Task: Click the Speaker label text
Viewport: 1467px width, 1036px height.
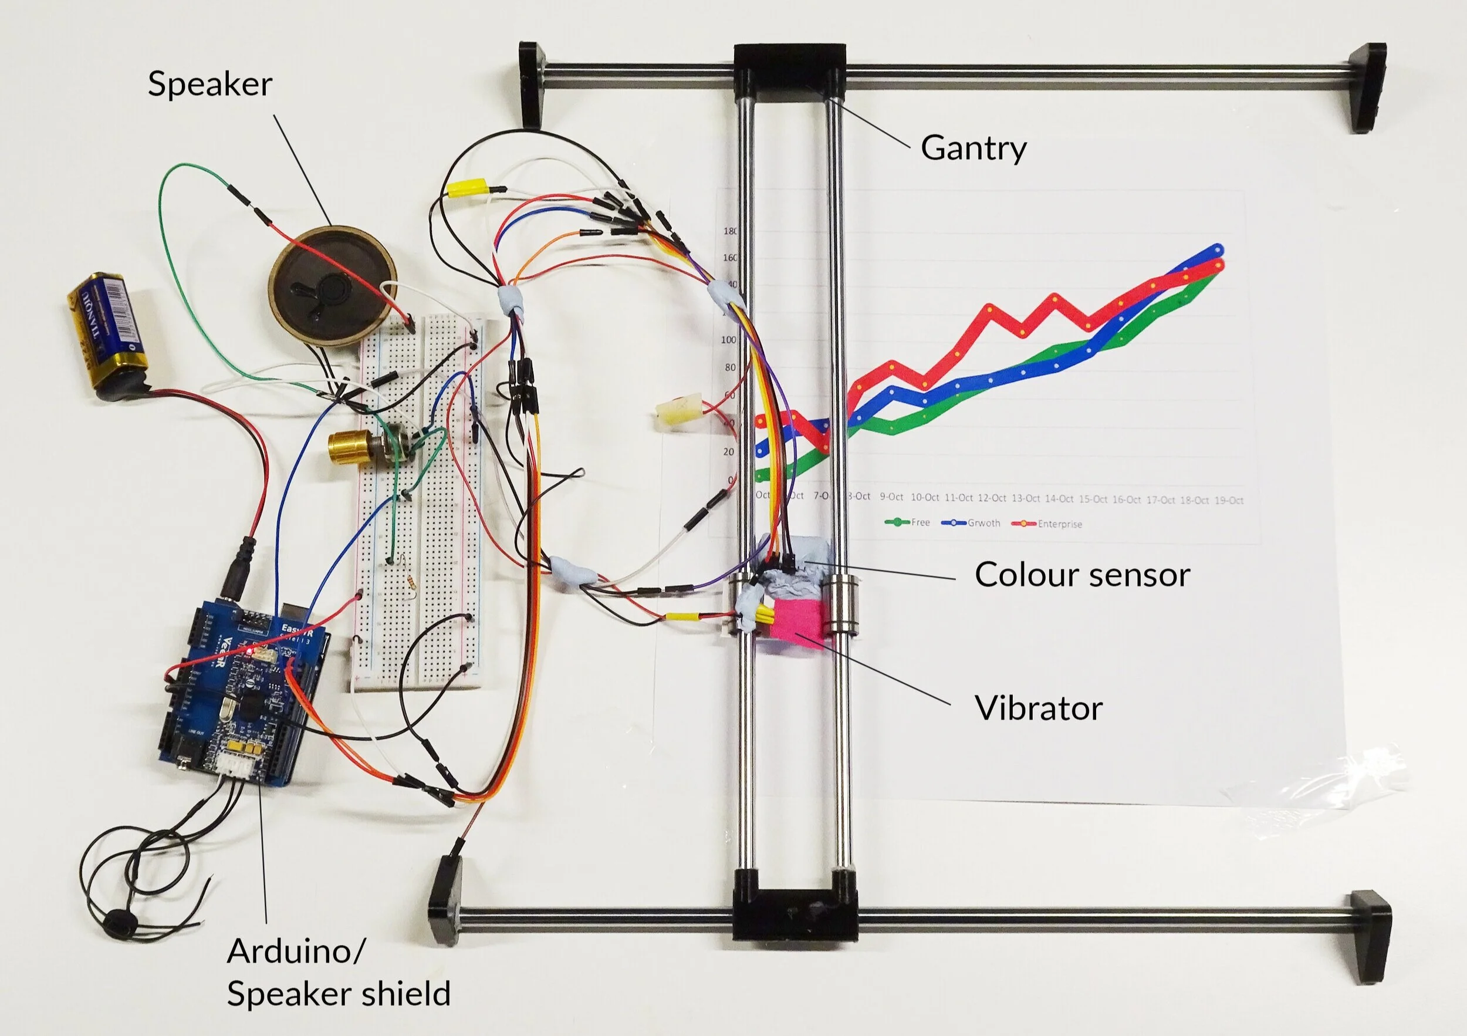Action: point(209,84)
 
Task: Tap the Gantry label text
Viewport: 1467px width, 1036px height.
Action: point(973,148)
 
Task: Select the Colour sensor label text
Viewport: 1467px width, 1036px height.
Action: point(1081,574)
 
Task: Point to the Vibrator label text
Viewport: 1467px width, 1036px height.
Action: point(1038,707)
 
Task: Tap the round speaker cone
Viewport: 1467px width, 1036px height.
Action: point(332,286)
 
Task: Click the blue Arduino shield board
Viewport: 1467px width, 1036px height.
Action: point(243,693)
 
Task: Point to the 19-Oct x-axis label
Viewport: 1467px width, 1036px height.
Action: point(1229,500)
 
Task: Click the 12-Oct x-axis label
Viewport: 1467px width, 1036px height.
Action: point(992,498)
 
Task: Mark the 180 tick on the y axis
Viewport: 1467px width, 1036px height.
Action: point(729,231)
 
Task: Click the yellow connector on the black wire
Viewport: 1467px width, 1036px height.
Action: point(469,188)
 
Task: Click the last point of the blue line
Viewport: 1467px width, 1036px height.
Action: point(1218,249)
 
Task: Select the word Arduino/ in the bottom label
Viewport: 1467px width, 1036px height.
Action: point(296,951)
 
